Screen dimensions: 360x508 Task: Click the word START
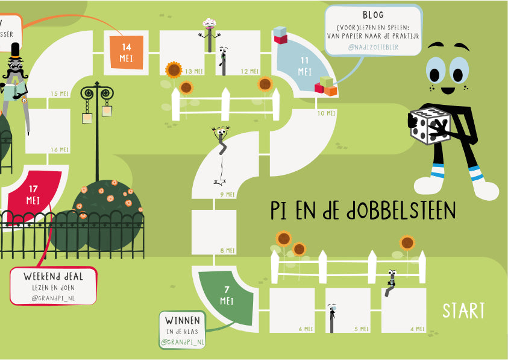click(463, 311)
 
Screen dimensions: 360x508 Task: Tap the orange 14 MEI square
click(127, 52)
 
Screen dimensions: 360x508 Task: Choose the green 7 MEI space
click(227, 296)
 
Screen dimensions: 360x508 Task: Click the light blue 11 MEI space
click(305, 66)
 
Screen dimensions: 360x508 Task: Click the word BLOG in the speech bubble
click(373, 15)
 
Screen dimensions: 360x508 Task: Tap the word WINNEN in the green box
click(183, 320)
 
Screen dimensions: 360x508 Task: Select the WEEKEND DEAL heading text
click(53, 276)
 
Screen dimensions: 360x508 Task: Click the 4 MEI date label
click(418, 329)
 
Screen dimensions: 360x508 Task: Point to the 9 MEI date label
click(227, 194)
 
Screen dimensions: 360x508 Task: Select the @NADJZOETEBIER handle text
click(373, 47)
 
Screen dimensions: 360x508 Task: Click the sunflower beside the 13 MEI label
click(174, 71)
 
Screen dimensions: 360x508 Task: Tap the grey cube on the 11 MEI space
click(280, 31)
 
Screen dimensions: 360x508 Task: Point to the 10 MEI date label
click(325, 113)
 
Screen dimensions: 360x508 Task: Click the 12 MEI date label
click(249, 72)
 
